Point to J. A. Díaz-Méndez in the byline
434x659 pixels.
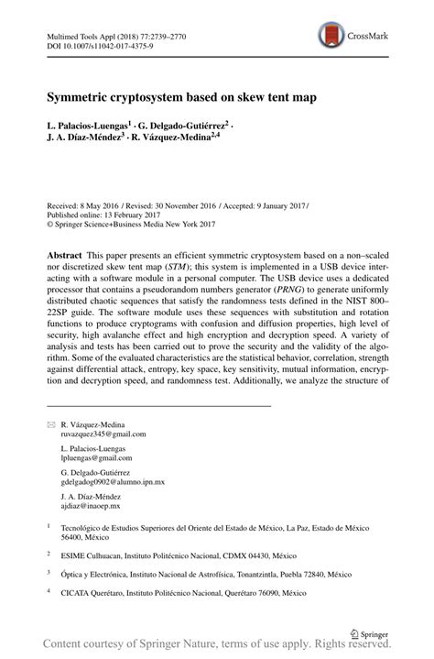tap(82, 137)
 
